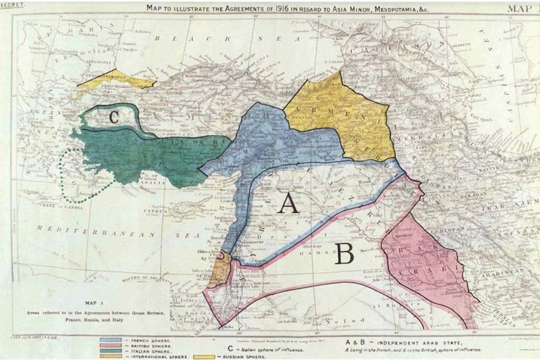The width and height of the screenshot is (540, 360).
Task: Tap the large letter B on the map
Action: (x=344, y=253)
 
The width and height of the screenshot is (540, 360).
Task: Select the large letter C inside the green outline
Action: (x=114, y=116)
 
